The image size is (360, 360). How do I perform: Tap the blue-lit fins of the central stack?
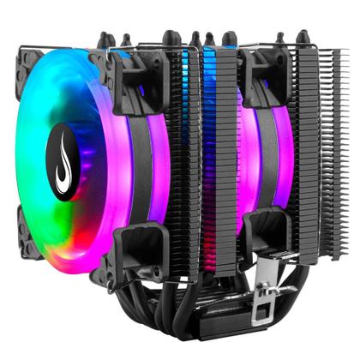tap(208, 94)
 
